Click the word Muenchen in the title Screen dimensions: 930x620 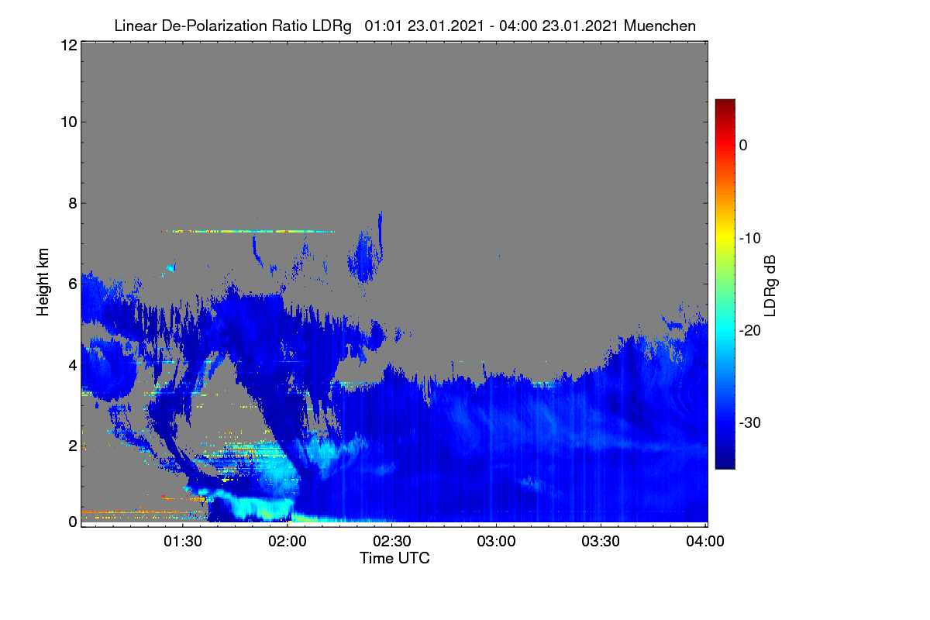click(x=660, y=26)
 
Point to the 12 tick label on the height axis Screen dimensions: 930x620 click(x=69, y=45)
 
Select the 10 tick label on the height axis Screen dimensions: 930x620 click(x=69, y=122)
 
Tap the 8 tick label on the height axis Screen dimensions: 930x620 click(x=73, y=204)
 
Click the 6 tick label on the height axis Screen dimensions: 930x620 click(x=73, y=284)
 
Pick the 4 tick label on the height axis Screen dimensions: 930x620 click(x=73, y=366)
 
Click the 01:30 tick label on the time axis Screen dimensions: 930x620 click(x=183, y=542)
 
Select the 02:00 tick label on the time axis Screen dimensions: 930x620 click(x=288, y=542)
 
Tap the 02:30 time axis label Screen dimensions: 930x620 click(x=392, y=542)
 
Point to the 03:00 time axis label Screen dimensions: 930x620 click(x=496, y=542)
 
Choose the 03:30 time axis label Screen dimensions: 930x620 click(x=601, y=542)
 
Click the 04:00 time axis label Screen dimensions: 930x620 click(x=705, y=542)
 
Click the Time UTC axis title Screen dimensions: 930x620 click(x=394, y=559)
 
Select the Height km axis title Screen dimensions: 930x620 click(x=43, y=282)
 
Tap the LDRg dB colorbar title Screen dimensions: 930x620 click(x=770, y=286)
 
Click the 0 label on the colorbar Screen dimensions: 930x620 click(x=743, y=146)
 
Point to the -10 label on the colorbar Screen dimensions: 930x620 click(x=750, y=239)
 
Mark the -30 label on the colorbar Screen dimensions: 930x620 click(x=750, y=422)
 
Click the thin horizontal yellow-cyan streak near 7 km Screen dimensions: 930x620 click(x=248, y=231)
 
